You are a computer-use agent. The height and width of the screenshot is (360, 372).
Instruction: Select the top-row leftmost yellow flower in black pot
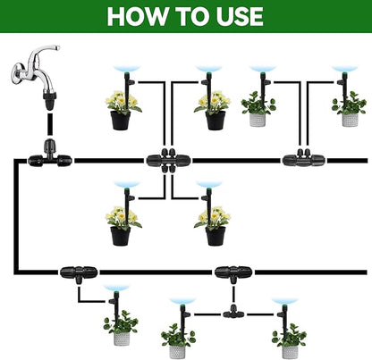click(x=123, y=110)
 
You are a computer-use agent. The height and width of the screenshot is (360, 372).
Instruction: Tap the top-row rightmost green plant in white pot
click(x=349, y=107)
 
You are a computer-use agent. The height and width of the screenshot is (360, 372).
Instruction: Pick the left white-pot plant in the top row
click(x=258, y=107)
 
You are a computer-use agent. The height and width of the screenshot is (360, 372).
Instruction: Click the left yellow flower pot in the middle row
click(x=123, y=226)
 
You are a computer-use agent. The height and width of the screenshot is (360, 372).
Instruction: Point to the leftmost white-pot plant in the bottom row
click(x=119, y=329)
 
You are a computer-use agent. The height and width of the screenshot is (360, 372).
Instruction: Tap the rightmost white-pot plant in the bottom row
click(x=288, y=335)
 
